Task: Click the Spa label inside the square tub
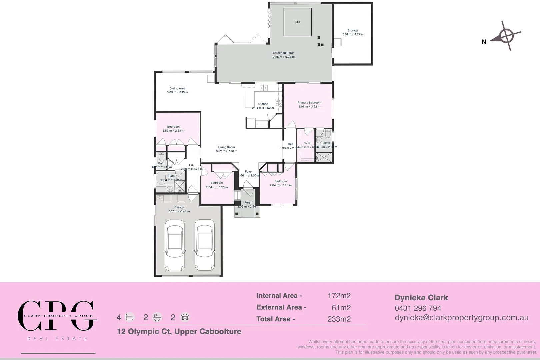tap(298, 22)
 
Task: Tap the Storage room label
tap(353, 30)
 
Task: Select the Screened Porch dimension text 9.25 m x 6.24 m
tap(283, 57)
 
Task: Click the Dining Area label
tap(177, 89)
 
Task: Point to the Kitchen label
tap(263, 104)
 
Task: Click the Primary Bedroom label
tap(309, 103)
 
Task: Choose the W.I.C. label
tap(308, 143)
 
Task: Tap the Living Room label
tap(226, 147)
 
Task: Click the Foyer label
tap(249, 172)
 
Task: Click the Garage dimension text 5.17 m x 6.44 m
tap(179, 211)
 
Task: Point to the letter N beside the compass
tap(484, 42)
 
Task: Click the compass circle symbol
tap(506, 35)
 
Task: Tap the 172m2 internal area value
tap(339, 296)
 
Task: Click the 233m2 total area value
tap(339, 319)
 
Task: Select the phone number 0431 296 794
tap(418, 308)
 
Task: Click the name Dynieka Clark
tap(421, 298)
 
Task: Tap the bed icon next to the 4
tap(130, 317)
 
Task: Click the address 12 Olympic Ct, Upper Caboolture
tap(179, 332)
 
